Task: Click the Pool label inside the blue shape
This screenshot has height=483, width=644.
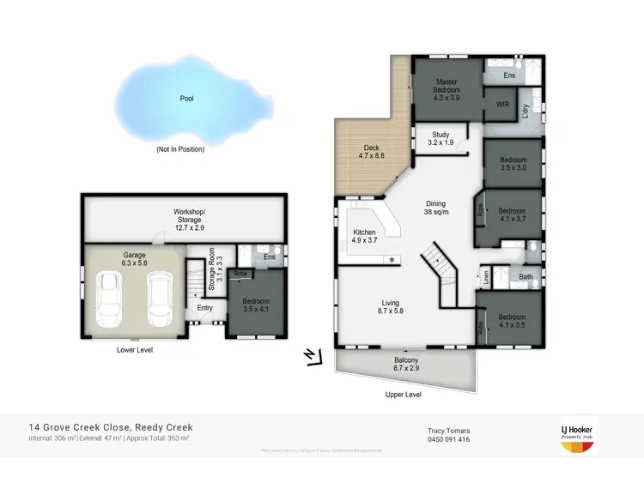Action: (186, 99)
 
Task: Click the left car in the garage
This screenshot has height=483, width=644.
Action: (109, 299)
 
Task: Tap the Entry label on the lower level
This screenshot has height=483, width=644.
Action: (204, 308)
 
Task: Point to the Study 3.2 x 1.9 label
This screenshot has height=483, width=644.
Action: (440, 139)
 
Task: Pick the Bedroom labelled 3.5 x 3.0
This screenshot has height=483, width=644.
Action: (513, 164)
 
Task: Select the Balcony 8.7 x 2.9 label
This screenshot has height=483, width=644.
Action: (406, 365)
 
